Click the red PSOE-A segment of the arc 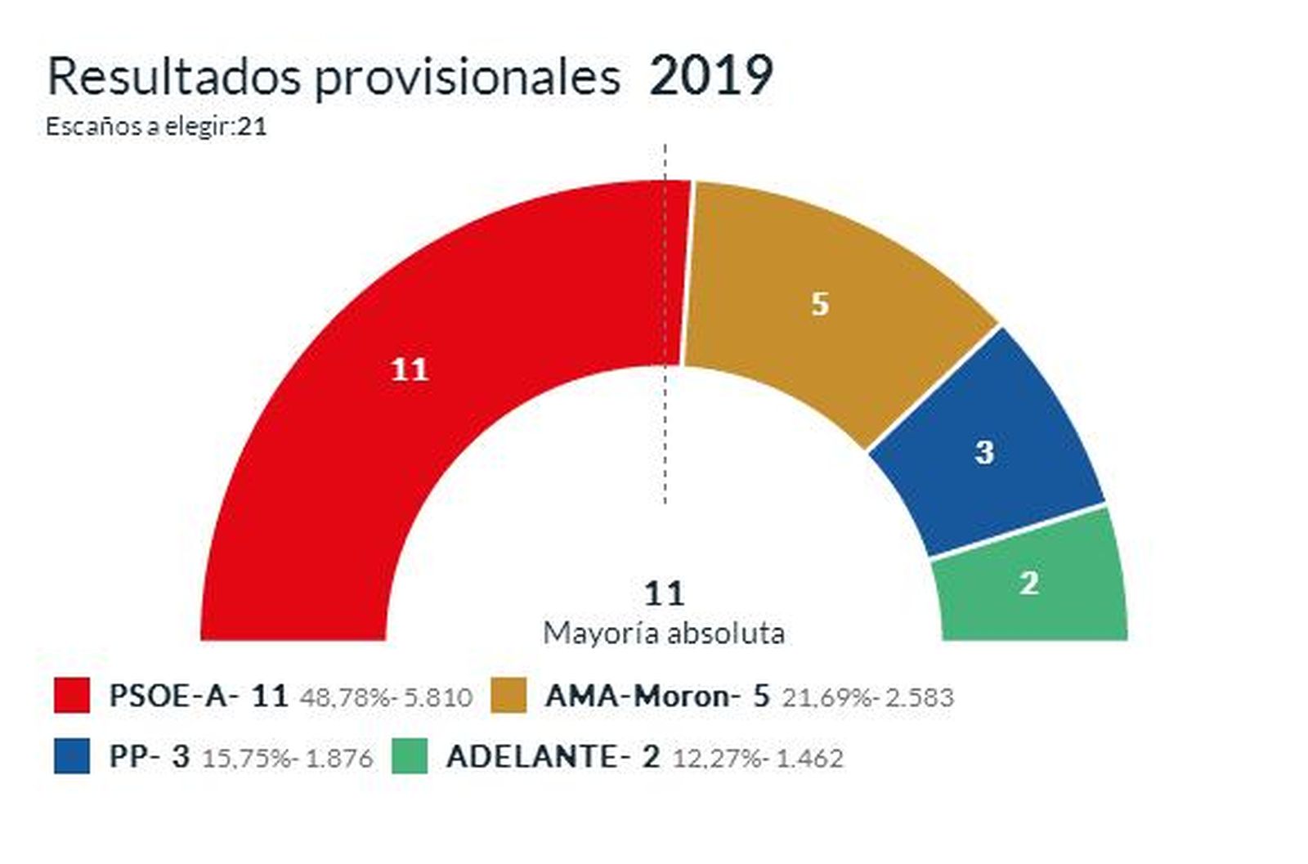tap(343, 458)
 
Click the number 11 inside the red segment tap(410, 370)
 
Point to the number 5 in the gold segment tap(819, 304)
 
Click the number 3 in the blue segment tap(984, 452)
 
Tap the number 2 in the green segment tap(1029, 583)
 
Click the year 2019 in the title tap(711, 77)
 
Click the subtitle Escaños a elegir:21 tap(156, 127)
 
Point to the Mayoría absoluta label tap(664, 633)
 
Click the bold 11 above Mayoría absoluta tap(664, 593)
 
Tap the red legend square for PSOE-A tap(72, 696)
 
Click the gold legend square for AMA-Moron tap(508, 696)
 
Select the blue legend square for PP tap(72, 756)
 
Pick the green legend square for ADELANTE tap(410, 756)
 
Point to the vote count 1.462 tap(809, 759)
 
